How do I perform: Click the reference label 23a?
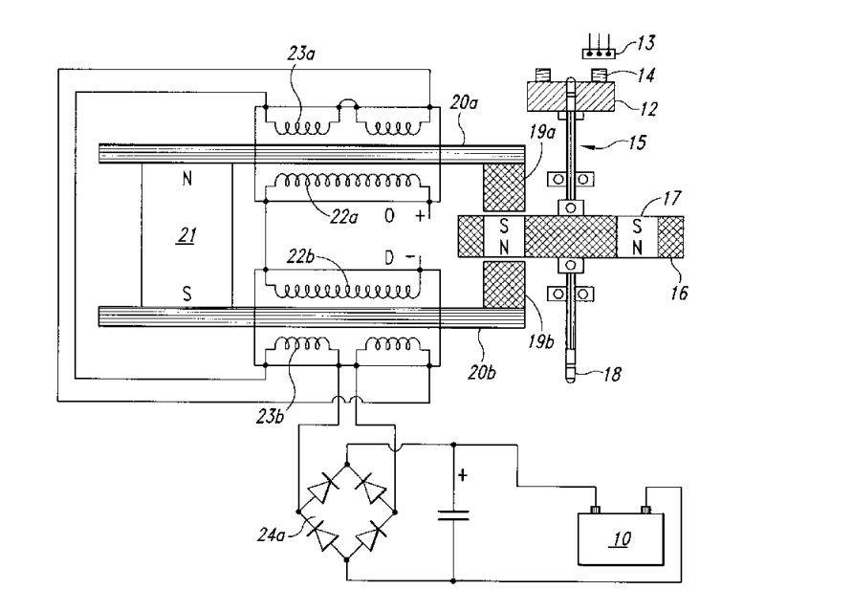301,54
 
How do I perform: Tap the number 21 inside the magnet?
187,235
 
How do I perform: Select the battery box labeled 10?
621,538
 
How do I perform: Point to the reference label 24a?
271,535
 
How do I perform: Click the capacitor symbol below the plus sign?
453,515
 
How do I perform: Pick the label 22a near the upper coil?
344,217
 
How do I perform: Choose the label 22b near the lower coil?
300,256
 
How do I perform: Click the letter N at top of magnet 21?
186,179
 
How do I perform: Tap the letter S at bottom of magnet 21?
186,294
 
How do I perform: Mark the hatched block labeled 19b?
504,285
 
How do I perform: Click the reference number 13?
645,42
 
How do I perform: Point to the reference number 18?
612,374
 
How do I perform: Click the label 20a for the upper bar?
464,101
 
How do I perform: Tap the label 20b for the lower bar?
482,372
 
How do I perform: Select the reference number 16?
679,294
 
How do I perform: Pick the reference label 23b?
271,416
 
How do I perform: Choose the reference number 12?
648,109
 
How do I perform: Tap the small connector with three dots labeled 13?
599,54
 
